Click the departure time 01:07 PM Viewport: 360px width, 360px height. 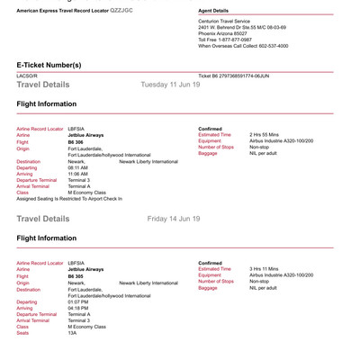tap(78, 301)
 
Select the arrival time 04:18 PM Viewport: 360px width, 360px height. tap(78, 307)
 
